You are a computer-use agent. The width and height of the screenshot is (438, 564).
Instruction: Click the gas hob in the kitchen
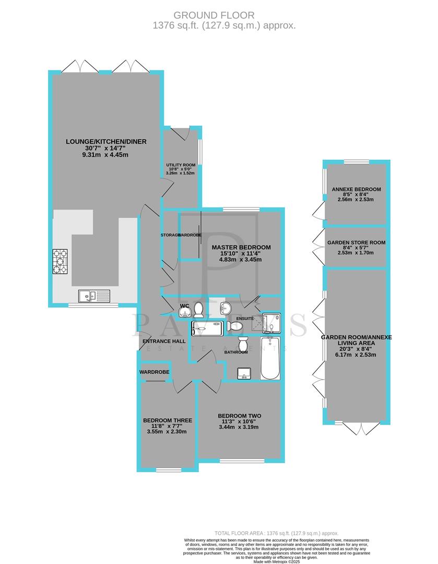pos(61,261)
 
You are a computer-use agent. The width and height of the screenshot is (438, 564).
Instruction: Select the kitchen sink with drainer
pos(94,296)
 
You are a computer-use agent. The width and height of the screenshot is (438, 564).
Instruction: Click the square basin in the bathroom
pos(244,373)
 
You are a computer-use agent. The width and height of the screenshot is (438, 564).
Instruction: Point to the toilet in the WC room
pos(199,311)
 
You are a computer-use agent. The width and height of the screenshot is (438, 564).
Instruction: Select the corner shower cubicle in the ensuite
pos(271,323)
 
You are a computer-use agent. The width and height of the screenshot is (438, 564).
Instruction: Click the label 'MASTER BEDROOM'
pos(241,247)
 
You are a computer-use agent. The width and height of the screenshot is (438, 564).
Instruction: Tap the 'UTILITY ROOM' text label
pos(181,165)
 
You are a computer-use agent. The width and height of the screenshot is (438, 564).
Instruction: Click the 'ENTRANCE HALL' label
pos(164,341)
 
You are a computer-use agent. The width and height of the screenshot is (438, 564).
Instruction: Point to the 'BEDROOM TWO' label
pos(240,416)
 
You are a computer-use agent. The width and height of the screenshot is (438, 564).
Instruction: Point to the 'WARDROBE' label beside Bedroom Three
pos(154,372)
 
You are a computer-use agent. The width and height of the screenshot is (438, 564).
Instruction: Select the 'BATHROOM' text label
pos(236,352)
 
